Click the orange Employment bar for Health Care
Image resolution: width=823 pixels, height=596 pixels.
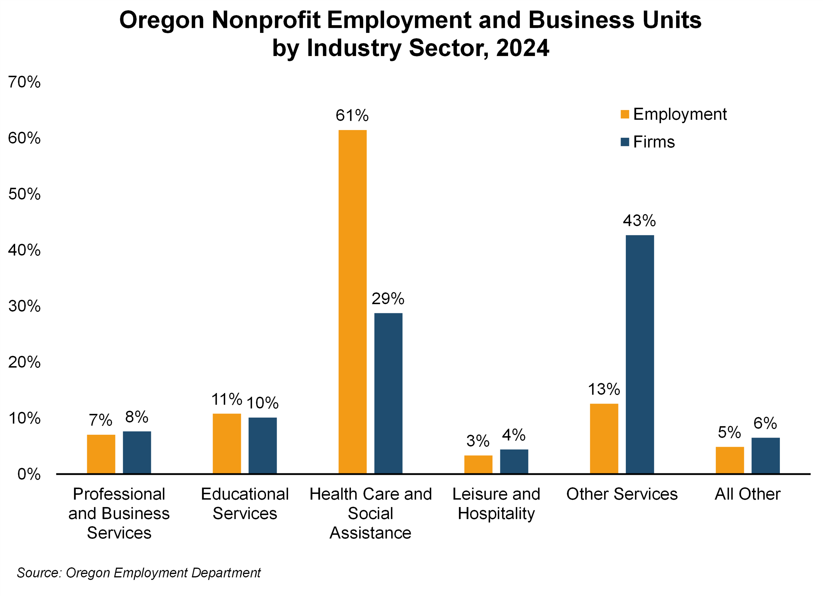tap(352, 301)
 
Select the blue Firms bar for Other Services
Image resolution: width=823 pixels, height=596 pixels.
tap(640, 354)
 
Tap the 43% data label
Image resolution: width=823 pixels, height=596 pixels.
tap(639, 221)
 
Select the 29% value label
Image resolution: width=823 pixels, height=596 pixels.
tap(388, 299)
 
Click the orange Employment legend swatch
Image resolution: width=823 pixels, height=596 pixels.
tap(625, 114)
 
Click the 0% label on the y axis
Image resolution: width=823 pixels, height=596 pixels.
tap(29, 474)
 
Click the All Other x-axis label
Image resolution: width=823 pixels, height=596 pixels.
tap(747, 494)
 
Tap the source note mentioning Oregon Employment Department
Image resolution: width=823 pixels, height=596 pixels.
tap(139, 572)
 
